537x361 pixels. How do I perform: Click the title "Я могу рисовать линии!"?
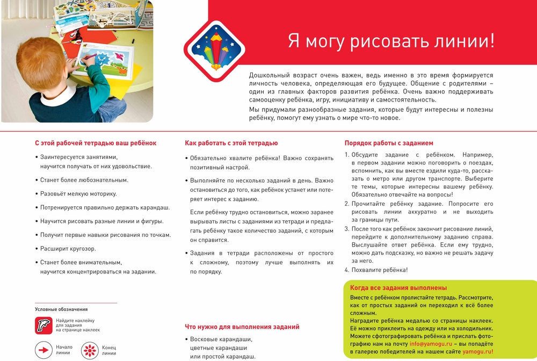coord(391,41)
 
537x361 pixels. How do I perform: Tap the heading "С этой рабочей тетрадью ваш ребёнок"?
coord(96,143)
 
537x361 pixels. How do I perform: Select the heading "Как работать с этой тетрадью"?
coord(231,143)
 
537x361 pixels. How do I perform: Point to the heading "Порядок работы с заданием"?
coord(389,143)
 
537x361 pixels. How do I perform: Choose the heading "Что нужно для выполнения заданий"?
coord(242,327)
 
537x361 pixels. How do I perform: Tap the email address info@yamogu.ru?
coord(430,343)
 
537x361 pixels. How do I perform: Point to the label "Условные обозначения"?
coord(61,309)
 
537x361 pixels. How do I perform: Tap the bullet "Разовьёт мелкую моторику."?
coord(78,193)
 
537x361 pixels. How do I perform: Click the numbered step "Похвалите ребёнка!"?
coord(380,270)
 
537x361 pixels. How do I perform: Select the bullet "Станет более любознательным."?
coord(84,180)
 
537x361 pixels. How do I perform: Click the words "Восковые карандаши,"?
coord(222,340)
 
